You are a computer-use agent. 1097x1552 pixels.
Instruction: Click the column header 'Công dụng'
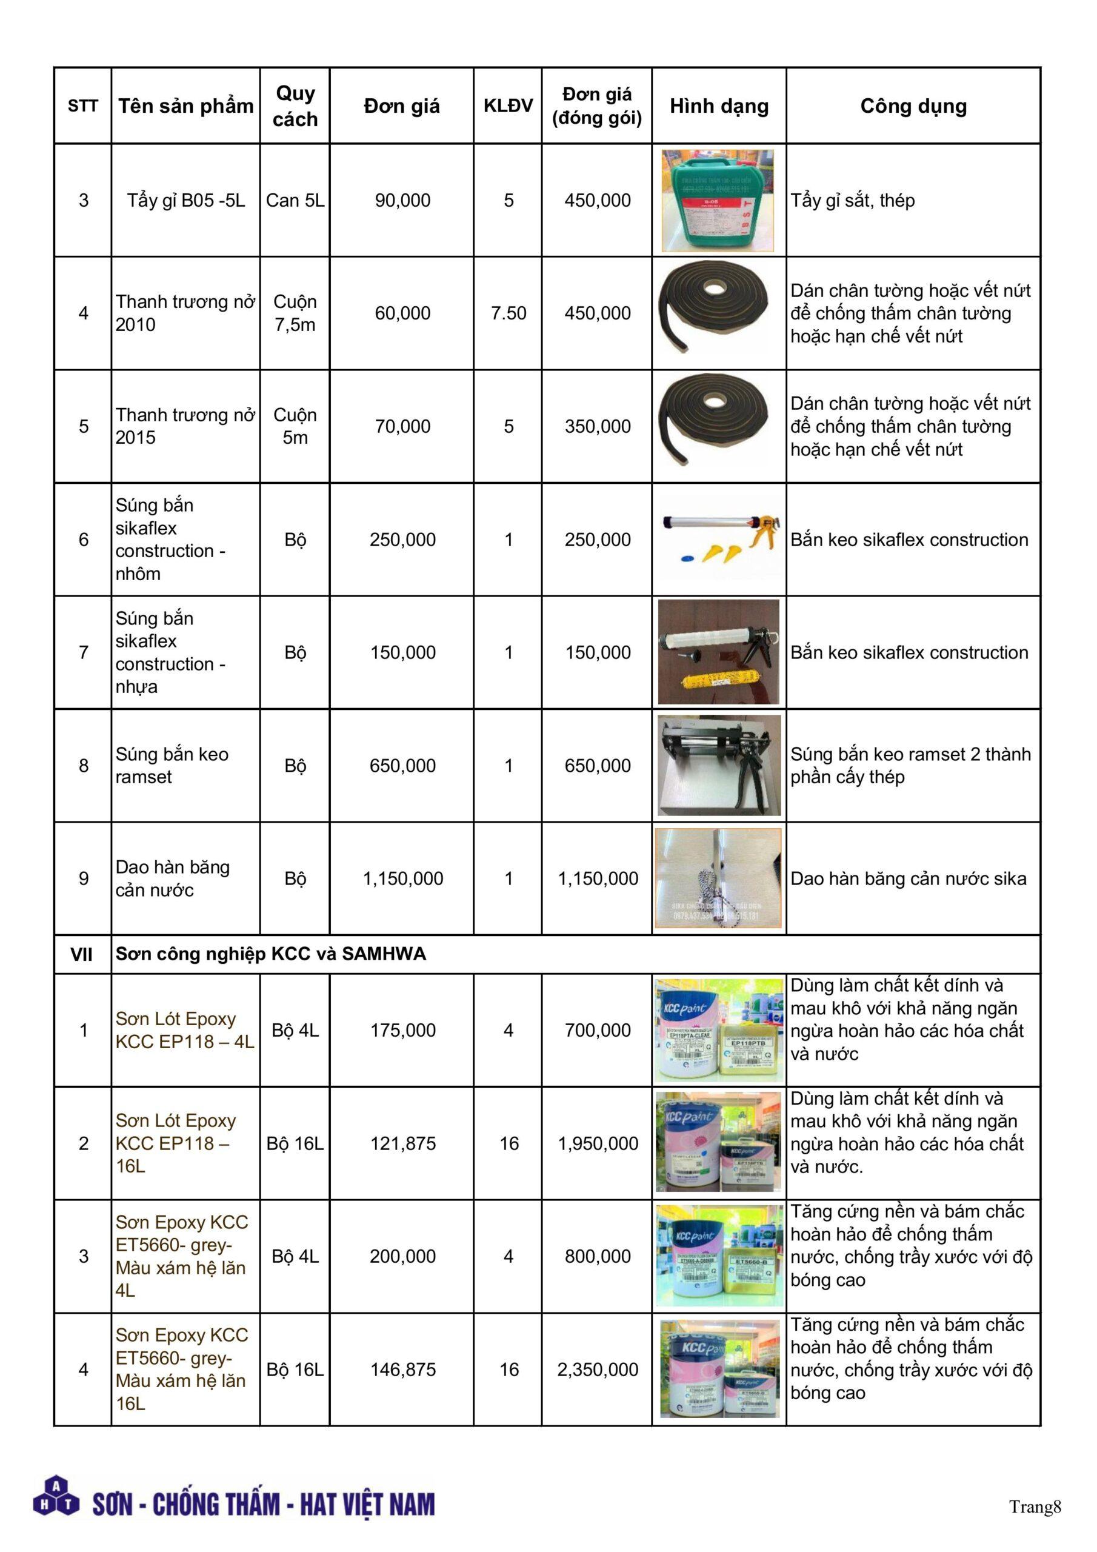913,106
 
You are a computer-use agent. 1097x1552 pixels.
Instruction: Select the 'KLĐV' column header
508,105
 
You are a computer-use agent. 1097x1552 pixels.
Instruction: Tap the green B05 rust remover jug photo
717,201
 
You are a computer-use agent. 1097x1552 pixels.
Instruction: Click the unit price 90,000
402,200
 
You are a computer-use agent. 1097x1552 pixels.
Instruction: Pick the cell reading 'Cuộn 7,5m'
295,313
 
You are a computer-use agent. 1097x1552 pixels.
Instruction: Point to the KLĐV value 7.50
508,313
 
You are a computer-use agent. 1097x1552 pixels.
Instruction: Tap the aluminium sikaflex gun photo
718,539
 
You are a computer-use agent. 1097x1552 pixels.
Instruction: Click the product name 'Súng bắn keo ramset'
172,765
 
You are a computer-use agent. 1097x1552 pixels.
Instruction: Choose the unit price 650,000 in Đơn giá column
402,765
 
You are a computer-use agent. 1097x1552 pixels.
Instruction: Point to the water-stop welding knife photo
718,878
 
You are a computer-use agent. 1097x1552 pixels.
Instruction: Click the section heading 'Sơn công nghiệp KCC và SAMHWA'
270,954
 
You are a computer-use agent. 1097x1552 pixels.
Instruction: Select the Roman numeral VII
82,954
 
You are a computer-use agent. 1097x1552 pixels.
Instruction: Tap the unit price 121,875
402,1143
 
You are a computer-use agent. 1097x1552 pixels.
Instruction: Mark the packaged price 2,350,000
598,1369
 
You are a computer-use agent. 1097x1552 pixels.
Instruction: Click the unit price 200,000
402,1256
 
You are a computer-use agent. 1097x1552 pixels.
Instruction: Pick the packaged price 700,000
598,1030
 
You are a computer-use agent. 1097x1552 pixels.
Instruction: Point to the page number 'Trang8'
1035,1506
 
